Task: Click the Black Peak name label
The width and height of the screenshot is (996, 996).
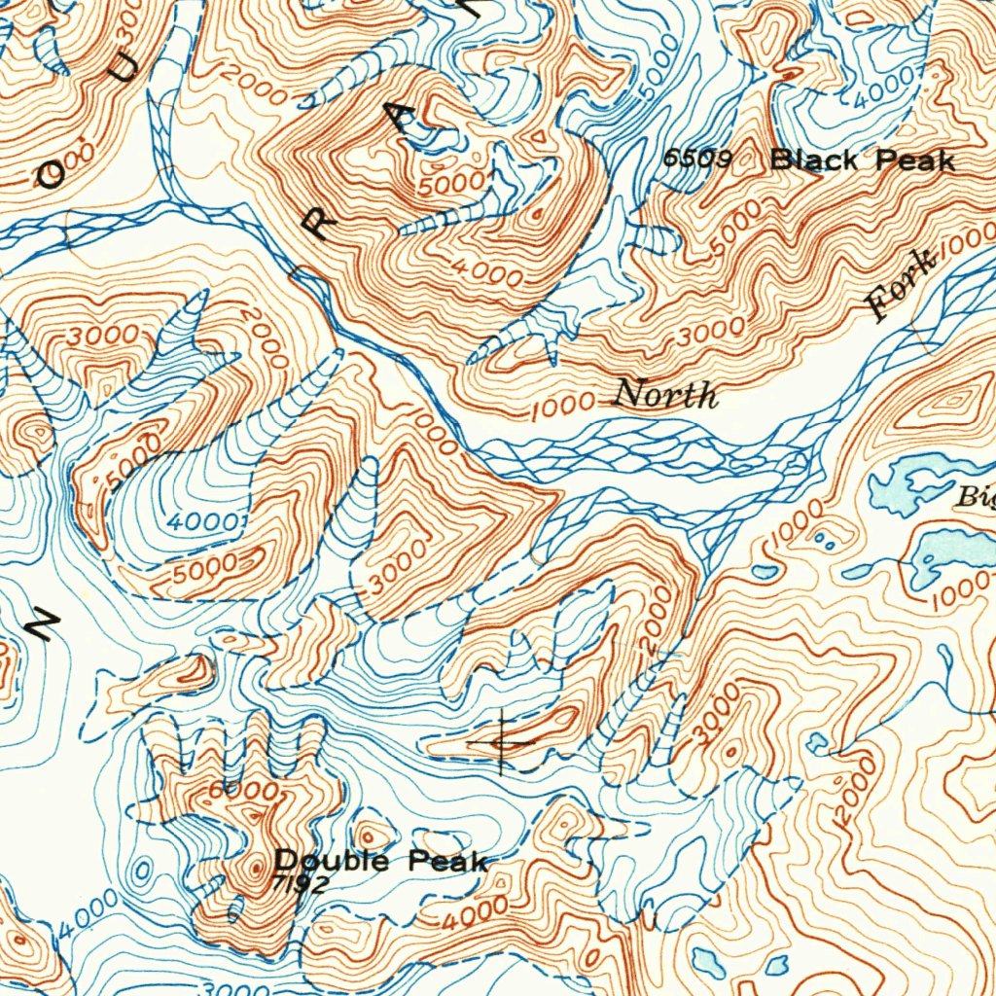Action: tap(862, 160)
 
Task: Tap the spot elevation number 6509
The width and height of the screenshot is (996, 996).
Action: tap(698, 159)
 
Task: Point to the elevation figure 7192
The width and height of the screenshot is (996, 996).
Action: tap(301, 883)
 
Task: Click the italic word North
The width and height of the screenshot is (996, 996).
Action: tap(666, 395)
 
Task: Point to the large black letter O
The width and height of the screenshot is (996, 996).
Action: tap(52, 174)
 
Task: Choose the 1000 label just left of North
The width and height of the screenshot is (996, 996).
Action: tap(564, 406)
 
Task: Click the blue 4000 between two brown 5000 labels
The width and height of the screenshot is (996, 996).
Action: tap(201, 522)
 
